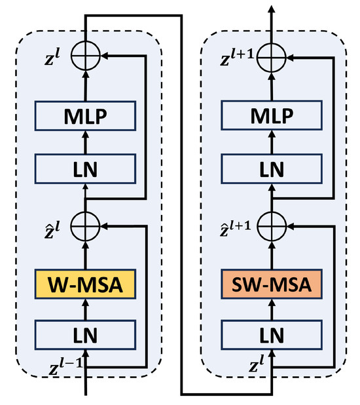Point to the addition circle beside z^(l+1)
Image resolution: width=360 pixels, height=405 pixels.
(271, 57)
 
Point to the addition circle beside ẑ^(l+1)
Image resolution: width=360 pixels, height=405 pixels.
(271, 225)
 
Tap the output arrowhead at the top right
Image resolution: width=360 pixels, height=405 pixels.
(271, 8)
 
